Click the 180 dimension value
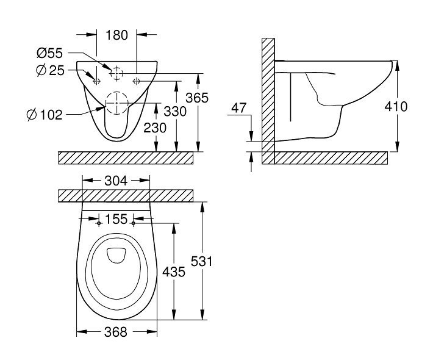point(117,35)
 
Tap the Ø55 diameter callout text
point(50,53)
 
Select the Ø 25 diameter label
point(50,71)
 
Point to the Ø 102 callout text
point(45,115)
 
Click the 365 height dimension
point(197,98)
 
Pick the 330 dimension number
point(175,112)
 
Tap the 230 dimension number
point(155,128)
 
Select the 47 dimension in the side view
point(238,108)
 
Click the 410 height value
point(396,107)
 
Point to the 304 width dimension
point(116,181)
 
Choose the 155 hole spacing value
point(116,219)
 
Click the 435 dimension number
point(173,272)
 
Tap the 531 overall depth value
point(202,261)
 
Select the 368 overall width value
point(116,331)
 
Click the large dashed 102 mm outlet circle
point(106,103)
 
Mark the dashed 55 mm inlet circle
point(110,73)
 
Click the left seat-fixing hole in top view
point(99,223)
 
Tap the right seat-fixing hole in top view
point(133,223)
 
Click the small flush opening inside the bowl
point(116,255)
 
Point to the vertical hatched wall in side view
point(268,101)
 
